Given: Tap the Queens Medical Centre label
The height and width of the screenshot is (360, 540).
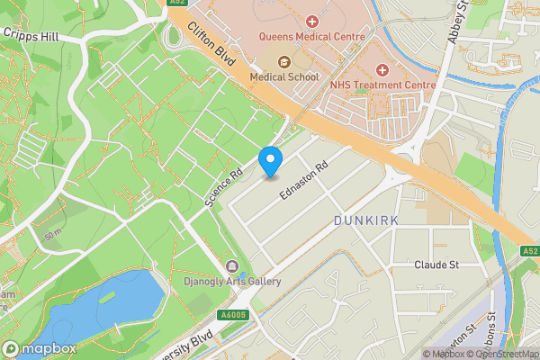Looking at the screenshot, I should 311,37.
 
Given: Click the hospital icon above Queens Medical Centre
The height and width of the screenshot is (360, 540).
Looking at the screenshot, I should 312,21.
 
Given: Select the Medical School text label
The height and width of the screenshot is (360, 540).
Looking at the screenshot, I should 284,77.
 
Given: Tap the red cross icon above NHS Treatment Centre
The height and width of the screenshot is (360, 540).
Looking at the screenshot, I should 382,69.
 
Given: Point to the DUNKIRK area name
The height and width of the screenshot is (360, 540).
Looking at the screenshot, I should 364,220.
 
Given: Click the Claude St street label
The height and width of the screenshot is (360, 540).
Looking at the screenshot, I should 436,265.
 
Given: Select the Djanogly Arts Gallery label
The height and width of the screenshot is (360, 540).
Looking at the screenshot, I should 232,282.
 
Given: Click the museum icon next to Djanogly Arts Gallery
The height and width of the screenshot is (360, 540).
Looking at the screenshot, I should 232,266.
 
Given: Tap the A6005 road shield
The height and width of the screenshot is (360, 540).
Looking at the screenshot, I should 232,314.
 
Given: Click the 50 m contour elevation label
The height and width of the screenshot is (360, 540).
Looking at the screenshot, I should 52,234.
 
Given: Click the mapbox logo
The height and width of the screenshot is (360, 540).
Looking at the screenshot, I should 38,348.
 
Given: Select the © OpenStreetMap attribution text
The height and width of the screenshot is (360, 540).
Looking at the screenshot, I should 502,354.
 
